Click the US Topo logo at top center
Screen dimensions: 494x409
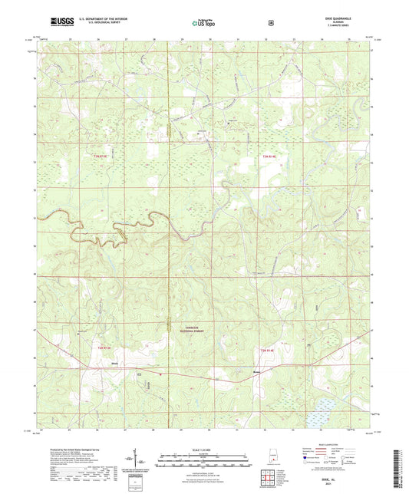203,23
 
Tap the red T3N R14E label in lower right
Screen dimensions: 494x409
266,350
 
